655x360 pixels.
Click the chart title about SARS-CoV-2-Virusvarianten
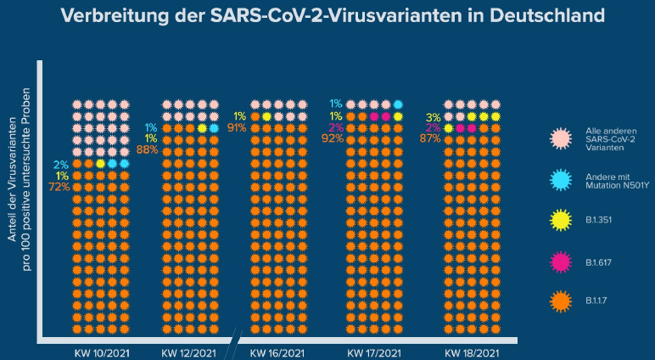pos(327,15)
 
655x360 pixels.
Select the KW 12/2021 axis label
pos(188,352)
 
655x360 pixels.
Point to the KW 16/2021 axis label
pos(277,352)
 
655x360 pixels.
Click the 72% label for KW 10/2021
pos(59,186)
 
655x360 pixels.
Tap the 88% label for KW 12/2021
pos(148,149)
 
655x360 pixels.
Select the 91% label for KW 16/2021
pos(237,128)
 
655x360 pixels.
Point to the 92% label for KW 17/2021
pos(333,138)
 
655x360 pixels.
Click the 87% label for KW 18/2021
pos(429,138)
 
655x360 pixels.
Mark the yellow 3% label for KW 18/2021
pos(433,117)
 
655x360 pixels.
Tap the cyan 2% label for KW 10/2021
pos(61,164)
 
